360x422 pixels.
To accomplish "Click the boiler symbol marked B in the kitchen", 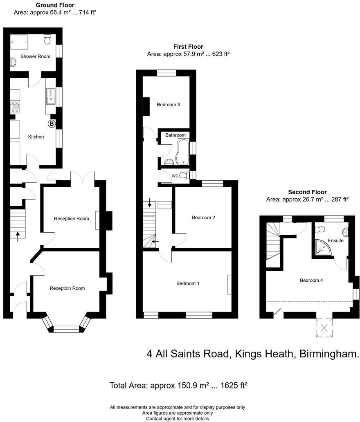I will [52, 123].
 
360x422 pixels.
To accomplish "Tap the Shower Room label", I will [36, 56].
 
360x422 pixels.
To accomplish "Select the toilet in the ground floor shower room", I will [47, 40].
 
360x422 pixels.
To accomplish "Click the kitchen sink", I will [51, 97].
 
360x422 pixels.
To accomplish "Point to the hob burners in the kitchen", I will [15, 107].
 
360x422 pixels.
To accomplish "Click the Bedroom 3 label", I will [169, 105].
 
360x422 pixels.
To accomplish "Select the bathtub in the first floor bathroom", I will [182, 151].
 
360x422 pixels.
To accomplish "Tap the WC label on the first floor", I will [175, 176].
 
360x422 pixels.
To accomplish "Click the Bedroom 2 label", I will [203, 218].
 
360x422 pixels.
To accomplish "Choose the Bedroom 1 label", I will [188, 283].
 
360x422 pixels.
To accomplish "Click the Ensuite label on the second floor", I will [335, 240].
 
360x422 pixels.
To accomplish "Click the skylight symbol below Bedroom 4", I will [324, 328].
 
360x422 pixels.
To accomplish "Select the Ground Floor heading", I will [55, 5].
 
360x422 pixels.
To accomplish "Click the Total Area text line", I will [179, 385].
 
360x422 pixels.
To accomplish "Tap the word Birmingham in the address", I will [330, 354].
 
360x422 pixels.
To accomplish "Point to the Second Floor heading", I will [307, 192].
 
